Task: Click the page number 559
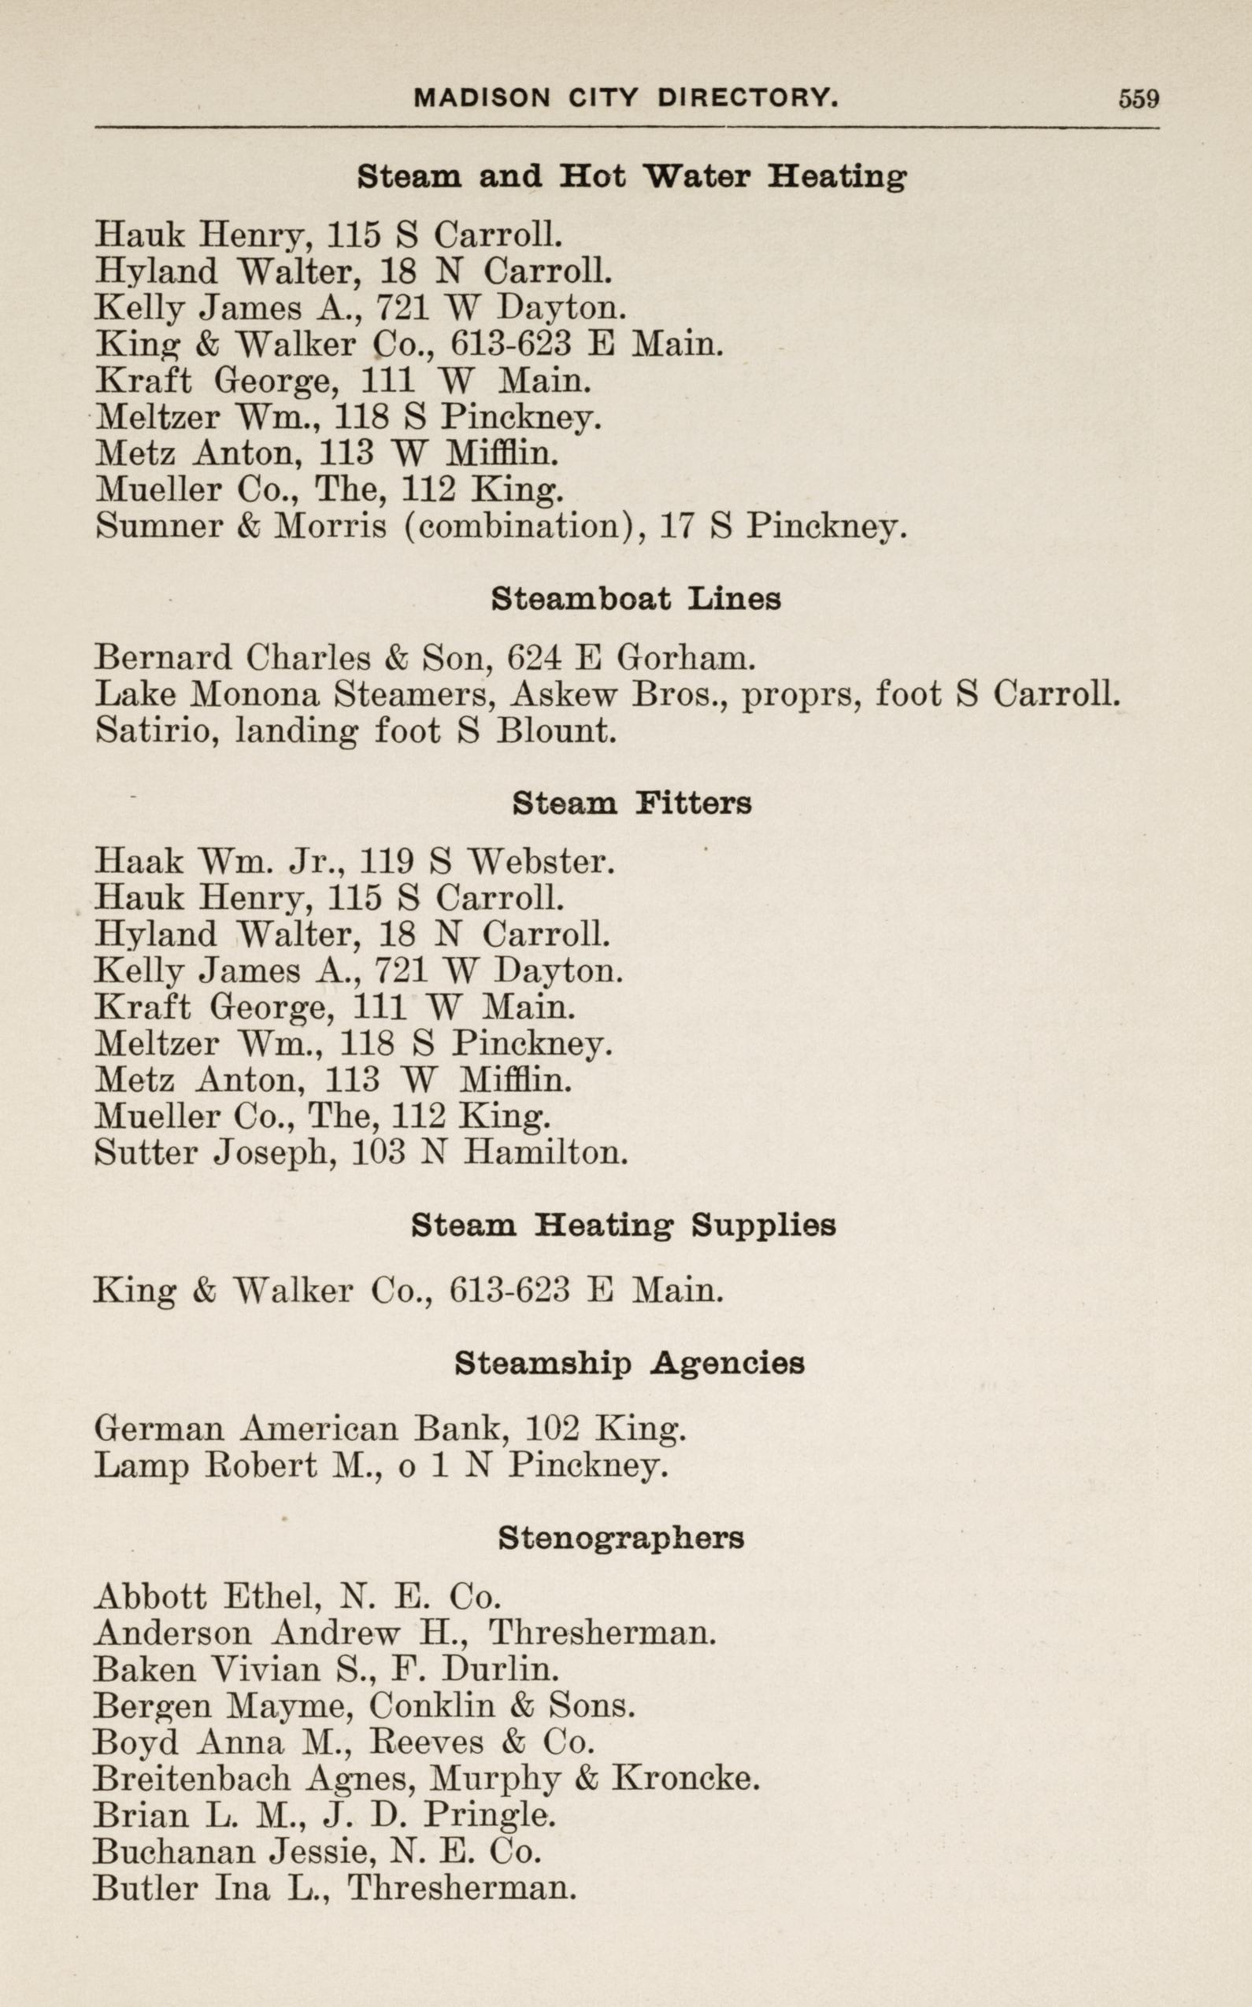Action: coord(1139,98)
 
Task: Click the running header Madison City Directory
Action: coord(627,98)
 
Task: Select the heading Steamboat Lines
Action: coord(635,598)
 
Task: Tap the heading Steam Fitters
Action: coord(632,803)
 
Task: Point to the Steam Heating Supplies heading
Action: coord(624,1225)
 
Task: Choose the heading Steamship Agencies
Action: coord(629,1363)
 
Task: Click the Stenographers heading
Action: coord(621,1538)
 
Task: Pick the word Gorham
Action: coord(686,657)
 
